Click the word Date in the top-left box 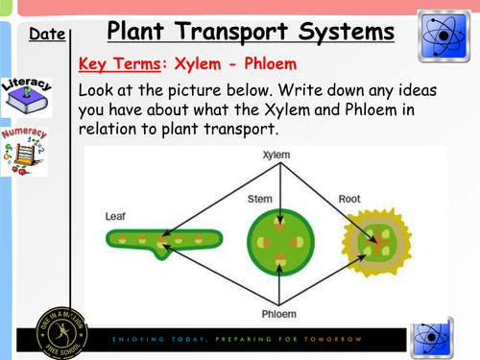coord(46,36)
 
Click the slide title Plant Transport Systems coord(250,32)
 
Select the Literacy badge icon coord(26,94)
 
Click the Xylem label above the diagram coord(278,155)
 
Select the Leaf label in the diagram coord(114,217)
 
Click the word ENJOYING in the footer coord(137,339)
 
